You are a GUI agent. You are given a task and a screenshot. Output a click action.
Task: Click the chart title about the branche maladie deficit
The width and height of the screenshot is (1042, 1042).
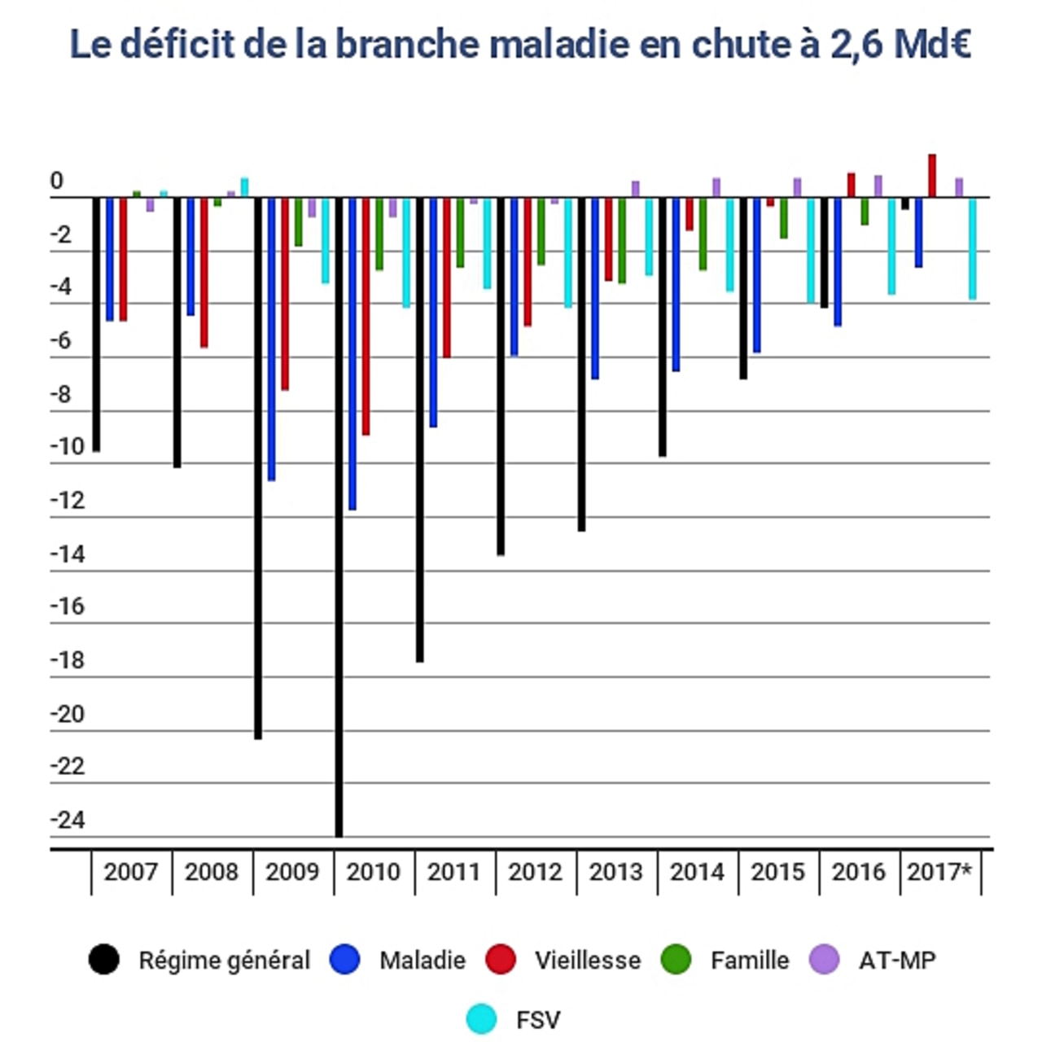tap(520, 45)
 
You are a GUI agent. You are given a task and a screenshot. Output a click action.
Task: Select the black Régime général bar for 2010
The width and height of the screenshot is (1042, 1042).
tap(339, 516)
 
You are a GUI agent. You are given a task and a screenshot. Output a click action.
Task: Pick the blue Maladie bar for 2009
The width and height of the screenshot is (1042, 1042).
tap(271, 339)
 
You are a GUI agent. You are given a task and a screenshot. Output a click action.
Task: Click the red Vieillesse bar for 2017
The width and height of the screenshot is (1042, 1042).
tap(931, 176)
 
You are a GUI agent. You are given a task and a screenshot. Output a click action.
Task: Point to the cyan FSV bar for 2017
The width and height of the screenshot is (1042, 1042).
tap(972, 248)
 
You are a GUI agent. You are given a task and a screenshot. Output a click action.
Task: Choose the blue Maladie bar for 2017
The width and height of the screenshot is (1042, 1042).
tap(918, 232)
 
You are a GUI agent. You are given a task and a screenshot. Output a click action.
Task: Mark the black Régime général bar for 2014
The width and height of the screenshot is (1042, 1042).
tap(663, 326)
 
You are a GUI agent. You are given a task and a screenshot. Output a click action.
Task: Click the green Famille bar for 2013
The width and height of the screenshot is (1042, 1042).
tap(622, 240)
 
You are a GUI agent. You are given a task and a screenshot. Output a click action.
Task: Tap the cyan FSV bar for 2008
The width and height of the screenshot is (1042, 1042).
tap(244, 187)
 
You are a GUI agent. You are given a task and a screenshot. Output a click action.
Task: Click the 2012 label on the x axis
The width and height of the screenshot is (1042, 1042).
tap(535, 872)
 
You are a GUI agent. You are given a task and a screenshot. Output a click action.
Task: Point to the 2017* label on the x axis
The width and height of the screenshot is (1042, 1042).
tap(939, 872)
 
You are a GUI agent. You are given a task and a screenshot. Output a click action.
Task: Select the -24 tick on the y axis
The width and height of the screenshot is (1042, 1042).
tap(68, 820)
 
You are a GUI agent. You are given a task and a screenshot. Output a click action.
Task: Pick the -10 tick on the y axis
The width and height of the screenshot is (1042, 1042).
tap(68, 447)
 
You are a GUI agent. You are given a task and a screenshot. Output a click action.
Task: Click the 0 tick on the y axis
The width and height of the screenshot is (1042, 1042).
tap(56, 181)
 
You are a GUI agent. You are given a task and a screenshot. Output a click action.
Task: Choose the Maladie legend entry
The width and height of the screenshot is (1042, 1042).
tap(399, 960)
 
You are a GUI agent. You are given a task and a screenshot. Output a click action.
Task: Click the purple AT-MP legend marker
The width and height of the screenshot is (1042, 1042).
tap(824, 960)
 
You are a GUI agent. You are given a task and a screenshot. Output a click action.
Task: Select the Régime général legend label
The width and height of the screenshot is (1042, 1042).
tap(224, 961)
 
